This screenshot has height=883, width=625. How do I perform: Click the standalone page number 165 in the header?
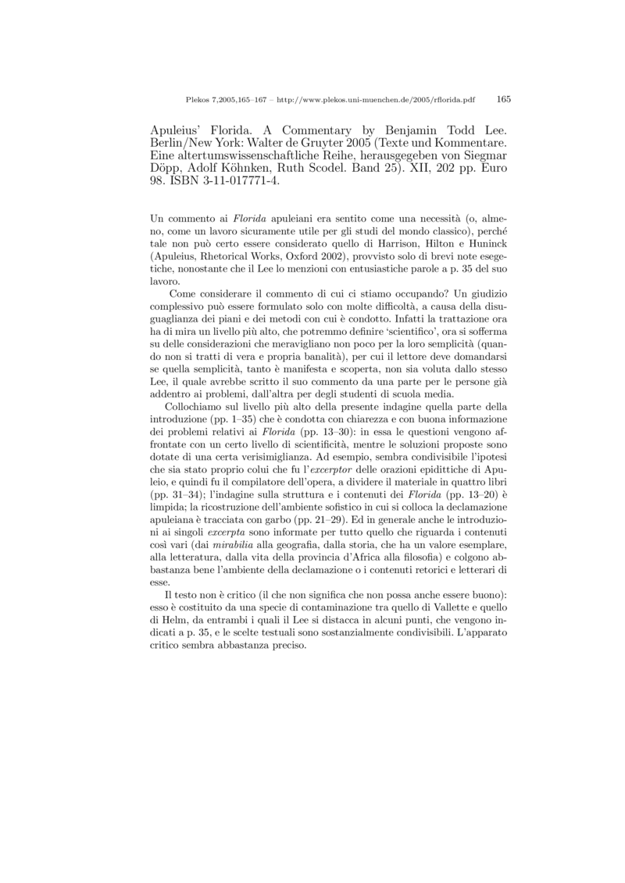click(503, 99)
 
